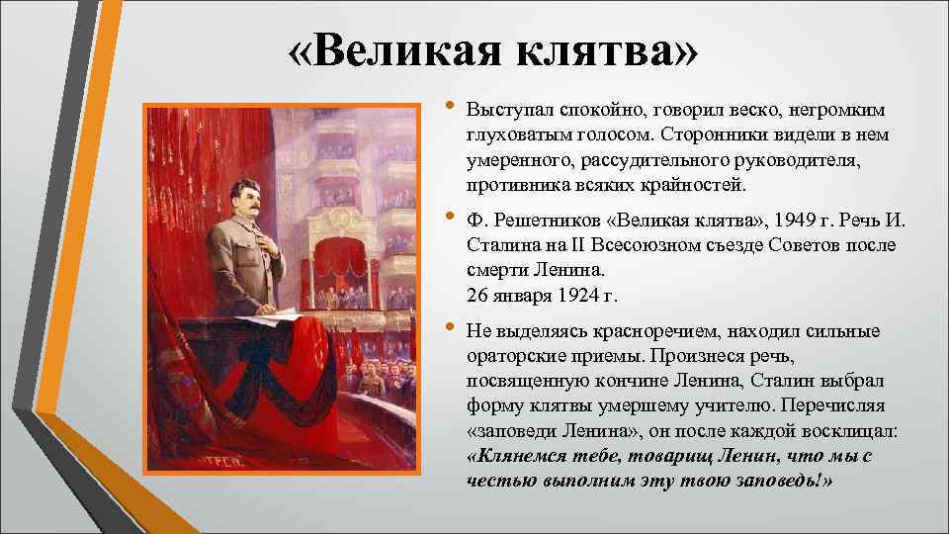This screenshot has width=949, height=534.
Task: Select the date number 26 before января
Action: [476, 295]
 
